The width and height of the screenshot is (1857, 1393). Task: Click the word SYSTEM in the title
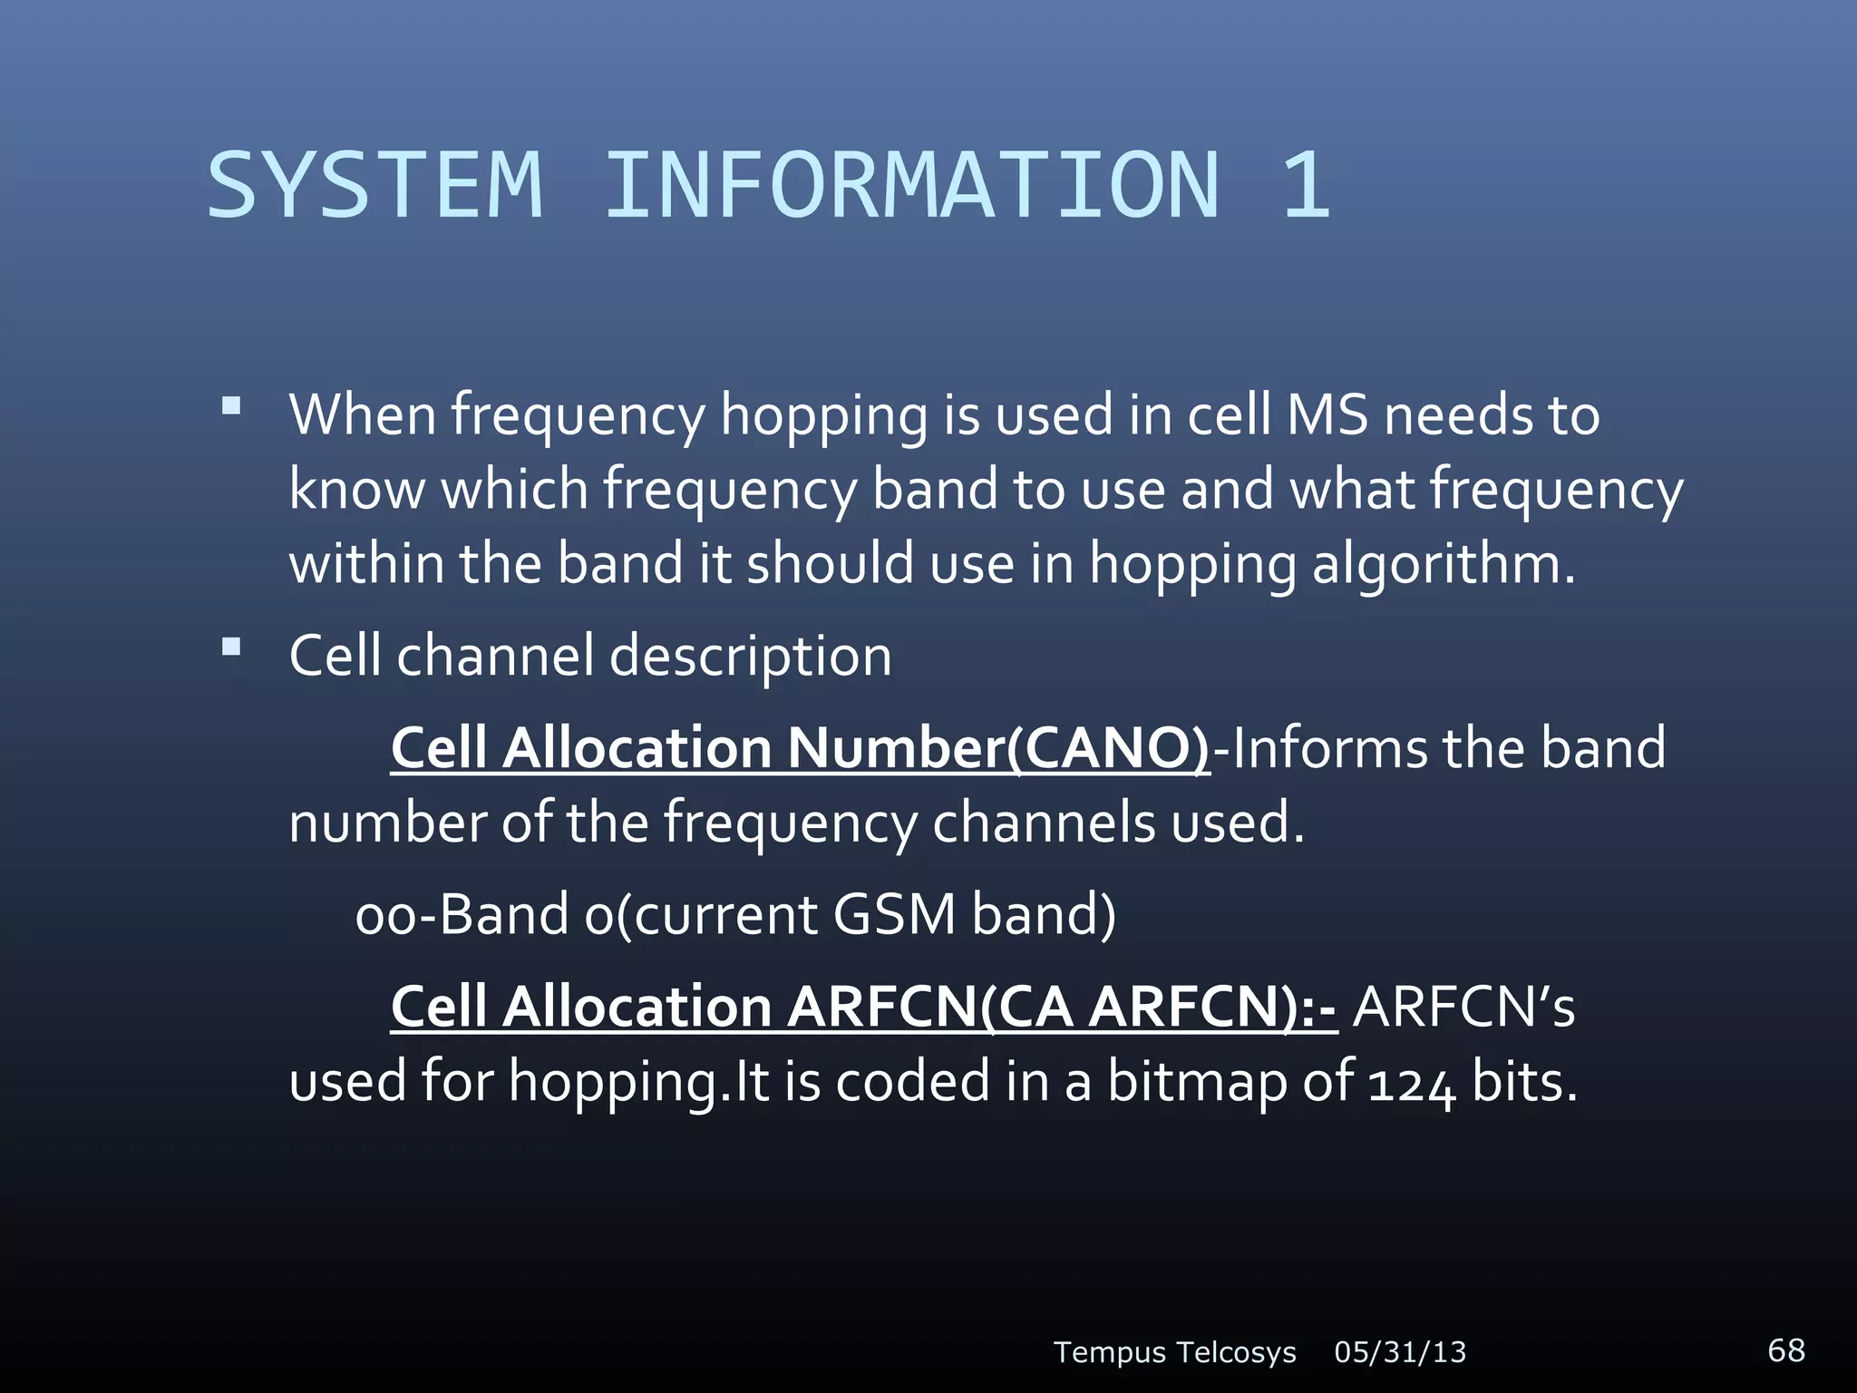point(374,186)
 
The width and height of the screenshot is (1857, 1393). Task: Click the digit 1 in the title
point(1306,186)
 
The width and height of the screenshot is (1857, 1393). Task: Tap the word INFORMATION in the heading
point(911,186)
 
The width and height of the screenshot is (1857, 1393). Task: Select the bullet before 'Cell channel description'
point(231,647)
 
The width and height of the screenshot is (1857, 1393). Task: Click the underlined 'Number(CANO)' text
point(997,749)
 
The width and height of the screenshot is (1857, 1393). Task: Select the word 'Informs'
point(1328,749)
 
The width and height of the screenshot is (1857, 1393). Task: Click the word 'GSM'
point(894,914)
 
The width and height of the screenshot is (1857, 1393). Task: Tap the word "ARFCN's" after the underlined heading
point(1463,1007)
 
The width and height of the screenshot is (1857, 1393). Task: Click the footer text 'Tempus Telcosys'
point(1174,1352)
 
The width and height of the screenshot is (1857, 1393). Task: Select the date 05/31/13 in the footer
point(1400,1352)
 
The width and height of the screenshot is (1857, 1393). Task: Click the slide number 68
point(1786,1349)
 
